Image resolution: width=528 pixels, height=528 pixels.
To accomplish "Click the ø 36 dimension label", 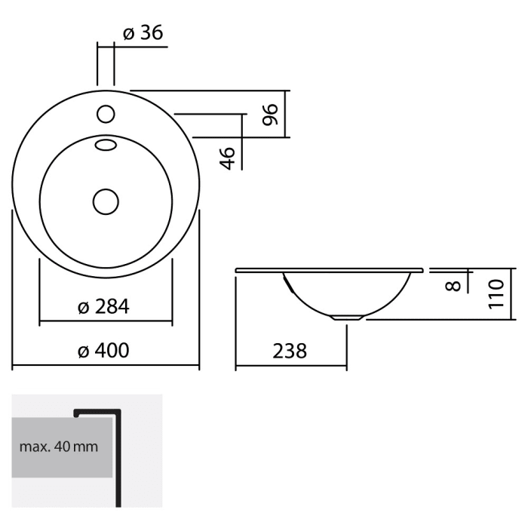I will [142, 33].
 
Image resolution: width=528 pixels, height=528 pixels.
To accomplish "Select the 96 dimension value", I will [271, 113].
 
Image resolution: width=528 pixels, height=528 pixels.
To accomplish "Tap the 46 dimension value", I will [229, 157].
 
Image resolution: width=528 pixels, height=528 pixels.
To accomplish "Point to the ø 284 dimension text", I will [103, 306].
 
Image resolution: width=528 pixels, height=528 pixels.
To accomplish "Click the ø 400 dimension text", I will [103, 351].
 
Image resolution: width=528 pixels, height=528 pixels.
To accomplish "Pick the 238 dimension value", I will [290, 351].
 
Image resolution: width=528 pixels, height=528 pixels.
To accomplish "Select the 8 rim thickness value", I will [452, 285].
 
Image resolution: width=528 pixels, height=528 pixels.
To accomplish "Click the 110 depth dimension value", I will [496, 294].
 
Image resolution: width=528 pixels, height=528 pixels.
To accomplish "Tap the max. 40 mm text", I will [59, 447].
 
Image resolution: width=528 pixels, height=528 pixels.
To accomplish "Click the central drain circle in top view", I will [106, 201].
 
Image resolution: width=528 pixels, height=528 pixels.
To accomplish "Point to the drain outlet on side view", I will [347, 318].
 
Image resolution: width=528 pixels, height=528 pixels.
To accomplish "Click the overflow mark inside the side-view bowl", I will [287, 282].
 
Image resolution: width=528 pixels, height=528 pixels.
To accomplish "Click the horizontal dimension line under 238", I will [291, 367].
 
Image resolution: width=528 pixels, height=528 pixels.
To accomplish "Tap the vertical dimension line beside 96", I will [286, 115].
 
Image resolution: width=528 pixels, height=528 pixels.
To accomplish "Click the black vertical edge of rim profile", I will [118, 460].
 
